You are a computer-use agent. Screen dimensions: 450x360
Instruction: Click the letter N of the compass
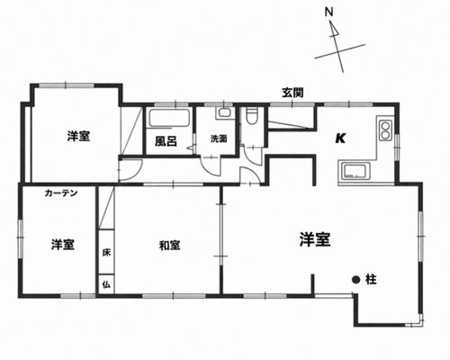pyautogui.click(x=329, y=13)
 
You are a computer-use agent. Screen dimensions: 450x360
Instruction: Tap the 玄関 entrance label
pyautogui.click(x=292, y=93)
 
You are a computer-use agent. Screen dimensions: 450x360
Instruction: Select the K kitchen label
pyautogui.click(x=340, y=139)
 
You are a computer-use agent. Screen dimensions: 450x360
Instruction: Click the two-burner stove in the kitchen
pyautogui.click(x=385, y=130)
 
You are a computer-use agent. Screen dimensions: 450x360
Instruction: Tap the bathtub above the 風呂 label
pyautogui.click(x=169, y=118)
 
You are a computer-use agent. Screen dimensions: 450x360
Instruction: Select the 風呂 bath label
pyautogui.click(x=166, y=141)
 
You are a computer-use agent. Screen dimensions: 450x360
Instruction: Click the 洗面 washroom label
pyautogui.click(x=219, y=139)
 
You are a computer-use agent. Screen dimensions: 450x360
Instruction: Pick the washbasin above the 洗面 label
pyautogui.click(x=225, y=112)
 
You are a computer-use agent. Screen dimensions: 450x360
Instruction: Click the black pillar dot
pyautogui.click(x=355, y=280)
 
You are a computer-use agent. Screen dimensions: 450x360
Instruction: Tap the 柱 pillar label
pyautogui.click(x=371, y=280)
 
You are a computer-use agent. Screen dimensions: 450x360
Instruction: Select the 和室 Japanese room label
pyautogui.click(x=169, y=246)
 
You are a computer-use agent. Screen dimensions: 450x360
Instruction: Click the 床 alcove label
pyautogui.click(x=106, y=252)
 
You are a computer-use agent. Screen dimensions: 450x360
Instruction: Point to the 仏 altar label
pyautogui.click(x=106, y=284)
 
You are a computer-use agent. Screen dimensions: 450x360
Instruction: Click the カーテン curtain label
pyautogui.click(x=61, y=193)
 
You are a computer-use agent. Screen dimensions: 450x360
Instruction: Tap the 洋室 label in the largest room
pyautogui.click(x=315, y=239)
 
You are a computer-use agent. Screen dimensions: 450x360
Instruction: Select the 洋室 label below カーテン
pyautogui.click(x=62, y=245)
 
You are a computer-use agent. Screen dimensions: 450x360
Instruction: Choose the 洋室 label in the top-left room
pyautogui.click(x=78, y=137)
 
